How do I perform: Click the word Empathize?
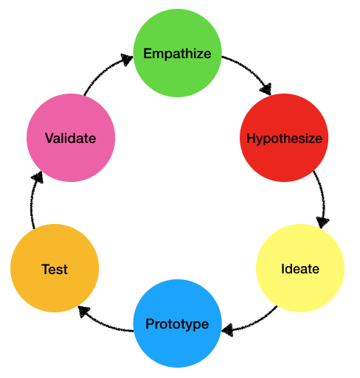(177, 54)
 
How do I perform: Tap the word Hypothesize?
(284, 139)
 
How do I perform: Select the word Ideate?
(300, 269)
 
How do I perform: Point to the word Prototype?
(177, 324)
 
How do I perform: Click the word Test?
(55, 270)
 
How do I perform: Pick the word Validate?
(71, 139)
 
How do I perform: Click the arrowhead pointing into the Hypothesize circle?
(266, 89)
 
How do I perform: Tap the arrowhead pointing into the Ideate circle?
(322, 222)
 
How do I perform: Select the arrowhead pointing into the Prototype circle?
(227, 329)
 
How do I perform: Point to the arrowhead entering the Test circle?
(84, 311)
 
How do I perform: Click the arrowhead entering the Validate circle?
(38, 178)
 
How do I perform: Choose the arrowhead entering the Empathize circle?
(127, 59)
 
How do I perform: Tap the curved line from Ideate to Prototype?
(253, 323)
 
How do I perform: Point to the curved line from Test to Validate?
(32, 200)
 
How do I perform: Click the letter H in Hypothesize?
(251, 139)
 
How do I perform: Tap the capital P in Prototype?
(150, 323)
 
